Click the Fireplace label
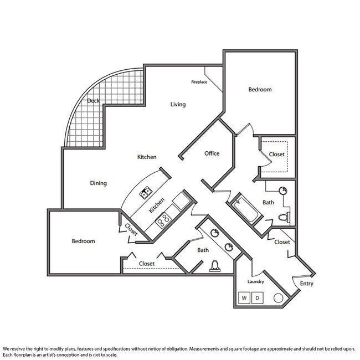tap(199, 82)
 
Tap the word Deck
tap(93, 101)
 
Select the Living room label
tap(178, 105)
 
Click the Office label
tap(212, 153)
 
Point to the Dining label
tap(98, 183)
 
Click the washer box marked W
tap(244, 298)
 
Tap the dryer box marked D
tap(258, 298)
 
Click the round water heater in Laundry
tap(278, 298)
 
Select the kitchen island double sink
tap(146, 193)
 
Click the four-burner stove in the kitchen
tap(163, 220)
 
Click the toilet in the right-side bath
tap(284, 217)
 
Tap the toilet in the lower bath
tap(215, 266)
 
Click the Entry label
tap(306, 284)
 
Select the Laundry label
tap(255, 282)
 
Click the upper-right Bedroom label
tap(260, 90)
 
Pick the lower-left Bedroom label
tap(83, 241)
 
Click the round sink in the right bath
tap(283, 191)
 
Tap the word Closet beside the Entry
tap(282, 242)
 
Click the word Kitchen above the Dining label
tap(147, 157)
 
